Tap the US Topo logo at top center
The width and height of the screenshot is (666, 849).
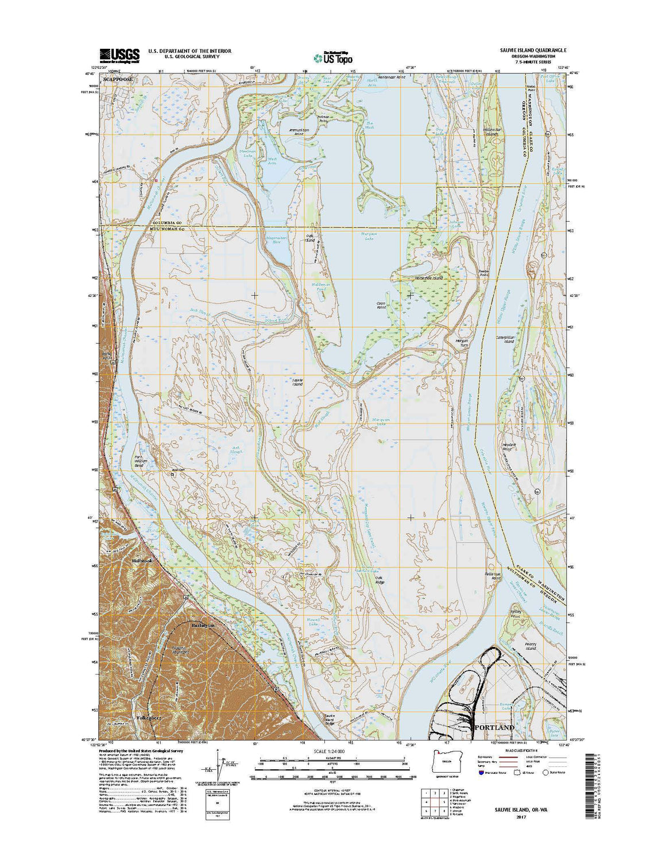point(333,57)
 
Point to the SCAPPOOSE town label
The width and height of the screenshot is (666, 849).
point(117,79)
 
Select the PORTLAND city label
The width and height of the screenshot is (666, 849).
point(493,727)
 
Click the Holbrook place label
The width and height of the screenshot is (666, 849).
point(142,560)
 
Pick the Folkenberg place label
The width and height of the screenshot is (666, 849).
point(147,718)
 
